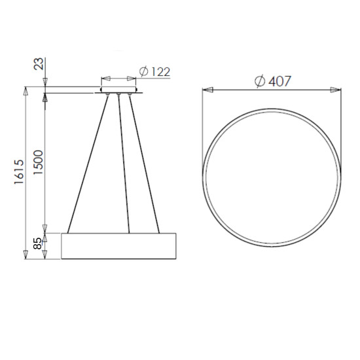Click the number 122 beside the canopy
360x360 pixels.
(x=159, y=72)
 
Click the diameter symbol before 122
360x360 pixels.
(x=144, y=72)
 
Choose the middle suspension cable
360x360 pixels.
(x=124, y=164)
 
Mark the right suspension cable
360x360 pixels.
(x=146, y=164)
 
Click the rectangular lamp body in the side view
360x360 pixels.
(x=119, y=246)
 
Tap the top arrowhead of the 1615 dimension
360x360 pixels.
(x=26, y=90)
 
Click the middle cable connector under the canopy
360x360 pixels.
(x=119, y=96)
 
